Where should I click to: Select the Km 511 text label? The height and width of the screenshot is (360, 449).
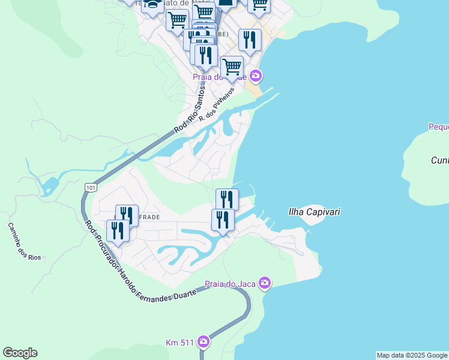tap(180, 343)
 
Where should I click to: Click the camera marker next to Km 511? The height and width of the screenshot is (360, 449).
tap(203, 342)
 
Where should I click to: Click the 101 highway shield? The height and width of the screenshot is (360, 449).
tap(90, 187)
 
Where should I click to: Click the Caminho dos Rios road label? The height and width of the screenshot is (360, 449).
tap(23, 241)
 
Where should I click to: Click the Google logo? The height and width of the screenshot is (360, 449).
tap(20, 353)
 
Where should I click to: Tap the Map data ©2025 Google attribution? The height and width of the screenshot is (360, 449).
tap(412, 355)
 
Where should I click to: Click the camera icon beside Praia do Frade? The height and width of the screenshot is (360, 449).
tap(256, 76)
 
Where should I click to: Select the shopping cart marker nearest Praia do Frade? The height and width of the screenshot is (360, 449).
tap(232, 67)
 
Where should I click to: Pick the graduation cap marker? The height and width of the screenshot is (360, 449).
tap(152, 5)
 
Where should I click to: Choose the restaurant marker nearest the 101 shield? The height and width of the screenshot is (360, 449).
tap(118, 230)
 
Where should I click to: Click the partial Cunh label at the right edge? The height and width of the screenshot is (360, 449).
tap(440, 160)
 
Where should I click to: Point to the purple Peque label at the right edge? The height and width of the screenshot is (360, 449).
tap(439, 127)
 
